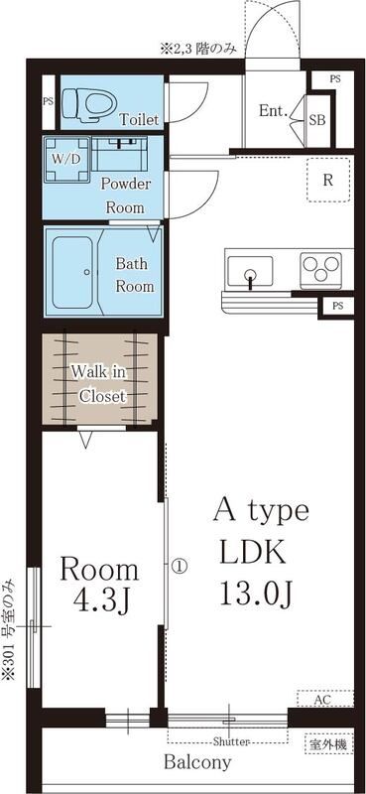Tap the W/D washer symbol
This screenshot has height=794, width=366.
tap(66, 160)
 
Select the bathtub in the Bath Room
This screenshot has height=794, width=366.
tap(72, 272)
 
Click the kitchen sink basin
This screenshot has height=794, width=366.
tap(250, 271)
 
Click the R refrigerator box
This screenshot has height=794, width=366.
tap(328, 180)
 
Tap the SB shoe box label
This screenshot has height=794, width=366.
tap(317, 120)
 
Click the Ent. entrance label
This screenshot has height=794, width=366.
tap(274, 111)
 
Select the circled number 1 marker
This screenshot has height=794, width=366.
tap(180, 565)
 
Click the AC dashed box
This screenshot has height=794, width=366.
tap(325, 699)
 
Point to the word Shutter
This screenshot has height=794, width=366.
tap(231, 742)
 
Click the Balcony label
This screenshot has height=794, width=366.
tap(198, 762)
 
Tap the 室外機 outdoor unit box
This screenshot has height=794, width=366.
tap(328, 744)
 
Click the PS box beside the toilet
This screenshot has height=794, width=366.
tap(48, 101)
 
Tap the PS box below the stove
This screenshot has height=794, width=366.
tap(337, 306)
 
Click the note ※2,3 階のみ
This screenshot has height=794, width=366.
tap(201, 49)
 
